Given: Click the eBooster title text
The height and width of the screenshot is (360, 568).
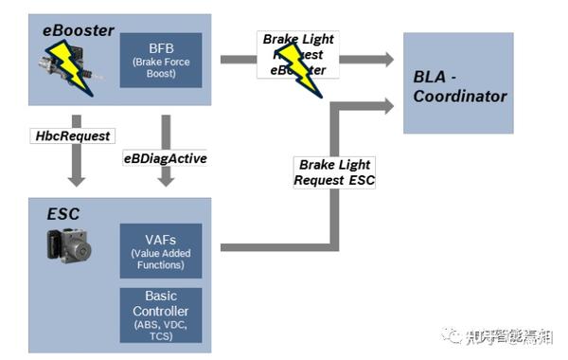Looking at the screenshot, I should (79, 30).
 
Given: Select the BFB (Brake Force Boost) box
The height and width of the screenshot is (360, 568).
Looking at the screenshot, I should (161, 60).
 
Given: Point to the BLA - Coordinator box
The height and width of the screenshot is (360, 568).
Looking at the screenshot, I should (459, 83).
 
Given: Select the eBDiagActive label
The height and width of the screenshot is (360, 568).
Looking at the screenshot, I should (166, 159).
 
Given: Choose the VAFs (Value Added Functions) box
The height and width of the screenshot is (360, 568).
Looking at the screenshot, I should (161, 250).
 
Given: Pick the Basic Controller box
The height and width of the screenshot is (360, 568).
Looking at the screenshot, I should (161, 314).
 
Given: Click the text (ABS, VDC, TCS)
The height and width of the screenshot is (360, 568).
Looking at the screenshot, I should (161, 329).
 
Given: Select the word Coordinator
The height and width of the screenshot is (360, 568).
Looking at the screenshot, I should (460, 96).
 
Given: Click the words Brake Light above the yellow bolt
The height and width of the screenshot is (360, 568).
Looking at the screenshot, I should (298, 41).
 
